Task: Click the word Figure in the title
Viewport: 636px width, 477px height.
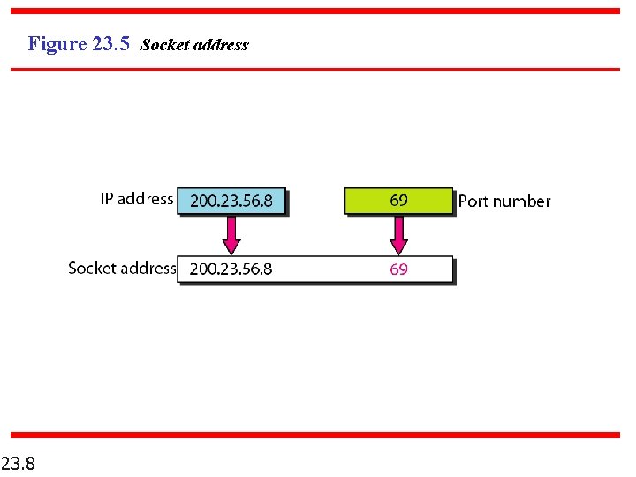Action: coord(57,44)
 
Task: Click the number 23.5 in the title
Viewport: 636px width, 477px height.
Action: coord(111,44)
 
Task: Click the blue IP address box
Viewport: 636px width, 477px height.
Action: coord(231,201)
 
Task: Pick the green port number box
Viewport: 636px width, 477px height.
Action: coord(398,201)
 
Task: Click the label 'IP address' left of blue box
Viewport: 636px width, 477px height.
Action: coord(136,199)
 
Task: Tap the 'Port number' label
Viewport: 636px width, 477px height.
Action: coord(503,201)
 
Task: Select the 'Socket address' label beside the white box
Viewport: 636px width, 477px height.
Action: coord(122,268)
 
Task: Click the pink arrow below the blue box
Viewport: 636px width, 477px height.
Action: coord(231,235)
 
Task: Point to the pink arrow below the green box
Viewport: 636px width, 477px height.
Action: coord(398,235)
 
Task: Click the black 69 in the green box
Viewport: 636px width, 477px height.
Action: coord(398,201)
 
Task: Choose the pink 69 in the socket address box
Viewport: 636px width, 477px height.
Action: coord(398,269)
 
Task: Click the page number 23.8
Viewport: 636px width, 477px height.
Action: coord(18,462)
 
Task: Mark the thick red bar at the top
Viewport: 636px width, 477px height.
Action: coord(315,11)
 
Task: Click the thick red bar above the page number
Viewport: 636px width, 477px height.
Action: coord(315,435)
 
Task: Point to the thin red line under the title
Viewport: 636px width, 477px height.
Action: coord(315,69)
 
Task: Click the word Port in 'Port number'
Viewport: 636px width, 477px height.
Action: coord(473,201)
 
